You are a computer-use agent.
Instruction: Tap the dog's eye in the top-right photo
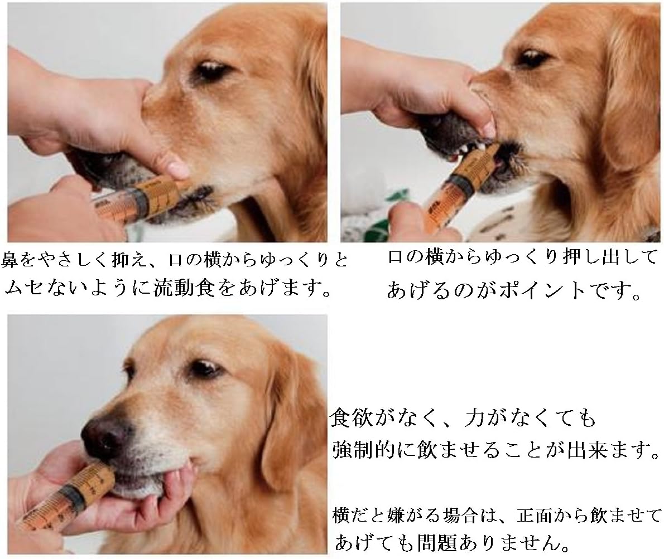[531, 58]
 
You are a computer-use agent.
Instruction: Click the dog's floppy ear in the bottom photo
[290, 424]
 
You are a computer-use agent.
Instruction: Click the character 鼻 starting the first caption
[9, 260]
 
